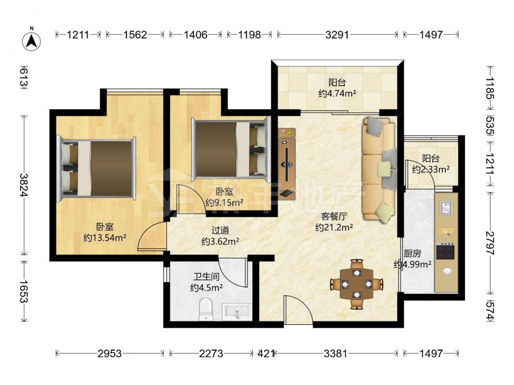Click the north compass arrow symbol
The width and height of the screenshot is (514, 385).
[x=31, y=41]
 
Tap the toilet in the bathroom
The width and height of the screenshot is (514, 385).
[x=206, y=310]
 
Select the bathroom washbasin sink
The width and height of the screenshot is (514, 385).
[x=236, y=312]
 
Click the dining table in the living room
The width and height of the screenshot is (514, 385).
[x=357, y=283]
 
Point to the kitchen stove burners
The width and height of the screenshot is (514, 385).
[x=446, y=251]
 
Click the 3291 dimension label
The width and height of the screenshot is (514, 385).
[x=337, y=34]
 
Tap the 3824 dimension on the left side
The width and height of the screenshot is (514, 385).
[x=24, y=185]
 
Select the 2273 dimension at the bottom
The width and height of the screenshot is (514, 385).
[x=211, y=354]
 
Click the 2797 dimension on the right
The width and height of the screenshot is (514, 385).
[x=490, y=243]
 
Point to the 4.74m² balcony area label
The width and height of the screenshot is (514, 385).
[x=337, y=93]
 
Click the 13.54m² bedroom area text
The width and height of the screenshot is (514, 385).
[x=105, y=238]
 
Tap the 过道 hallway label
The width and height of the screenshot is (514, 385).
[x=220, y=230]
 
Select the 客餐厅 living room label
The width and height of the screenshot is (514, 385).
[x=334, y=217]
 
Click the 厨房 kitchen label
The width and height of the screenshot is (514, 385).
[x=412, y=254]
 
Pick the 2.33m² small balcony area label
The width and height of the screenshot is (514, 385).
[x=431, y=169]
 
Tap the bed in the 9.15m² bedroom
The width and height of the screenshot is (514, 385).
[x=231, y=149]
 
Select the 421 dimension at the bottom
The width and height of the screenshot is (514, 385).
[x=266, y=354]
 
